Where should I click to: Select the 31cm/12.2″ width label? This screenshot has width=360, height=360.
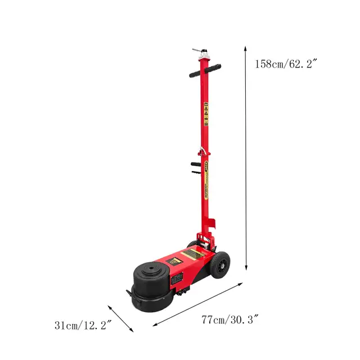(83, 325)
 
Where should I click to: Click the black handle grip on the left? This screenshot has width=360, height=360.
(193, 73)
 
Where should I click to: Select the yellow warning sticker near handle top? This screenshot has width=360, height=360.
(206, 115)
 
